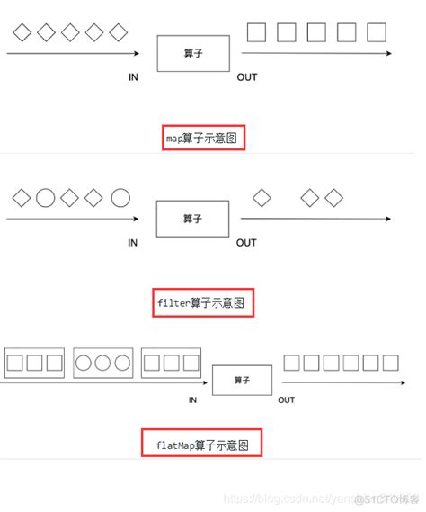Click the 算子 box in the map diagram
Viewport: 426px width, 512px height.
[192, 54]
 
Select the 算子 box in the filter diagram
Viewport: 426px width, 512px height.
[192, 219]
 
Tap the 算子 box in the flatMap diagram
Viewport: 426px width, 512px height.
[241, 381]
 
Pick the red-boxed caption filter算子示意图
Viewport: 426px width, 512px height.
[205, 303]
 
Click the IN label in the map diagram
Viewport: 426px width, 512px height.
[133, 77]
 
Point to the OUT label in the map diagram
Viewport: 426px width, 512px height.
[246, 77]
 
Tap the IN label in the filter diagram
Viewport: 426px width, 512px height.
[133, 242]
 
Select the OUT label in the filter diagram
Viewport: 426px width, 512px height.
[246, 242]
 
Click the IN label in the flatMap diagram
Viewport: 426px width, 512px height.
[192, 400]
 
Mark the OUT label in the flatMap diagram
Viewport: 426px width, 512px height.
[286, 400]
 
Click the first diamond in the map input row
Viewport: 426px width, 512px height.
[22, 33]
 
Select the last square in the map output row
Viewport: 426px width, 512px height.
[377, 33]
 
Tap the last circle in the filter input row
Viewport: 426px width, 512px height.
[120, 197]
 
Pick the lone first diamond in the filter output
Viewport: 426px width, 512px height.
[262, 197]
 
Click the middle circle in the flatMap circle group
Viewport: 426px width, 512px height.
[102, 363]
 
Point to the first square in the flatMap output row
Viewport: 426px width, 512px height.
[291, 363]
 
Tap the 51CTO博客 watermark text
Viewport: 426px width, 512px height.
[387, 499]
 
